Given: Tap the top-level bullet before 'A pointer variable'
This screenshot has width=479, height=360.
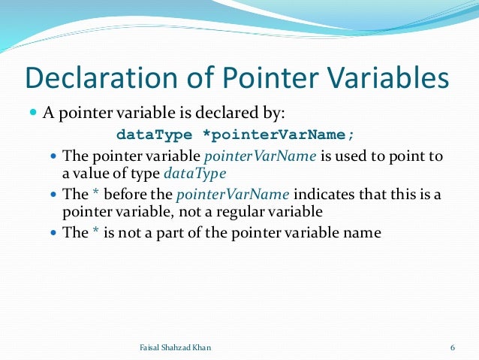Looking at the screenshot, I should pyautogui.click(x=32, y=114).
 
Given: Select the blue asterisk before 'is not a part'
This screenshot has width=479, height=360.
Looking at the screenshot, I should pyautogui.click(x=96, y=233).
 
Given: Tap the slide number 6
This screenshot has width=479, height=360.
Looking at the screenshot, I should pyautogui.click(x=453, y=346).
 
